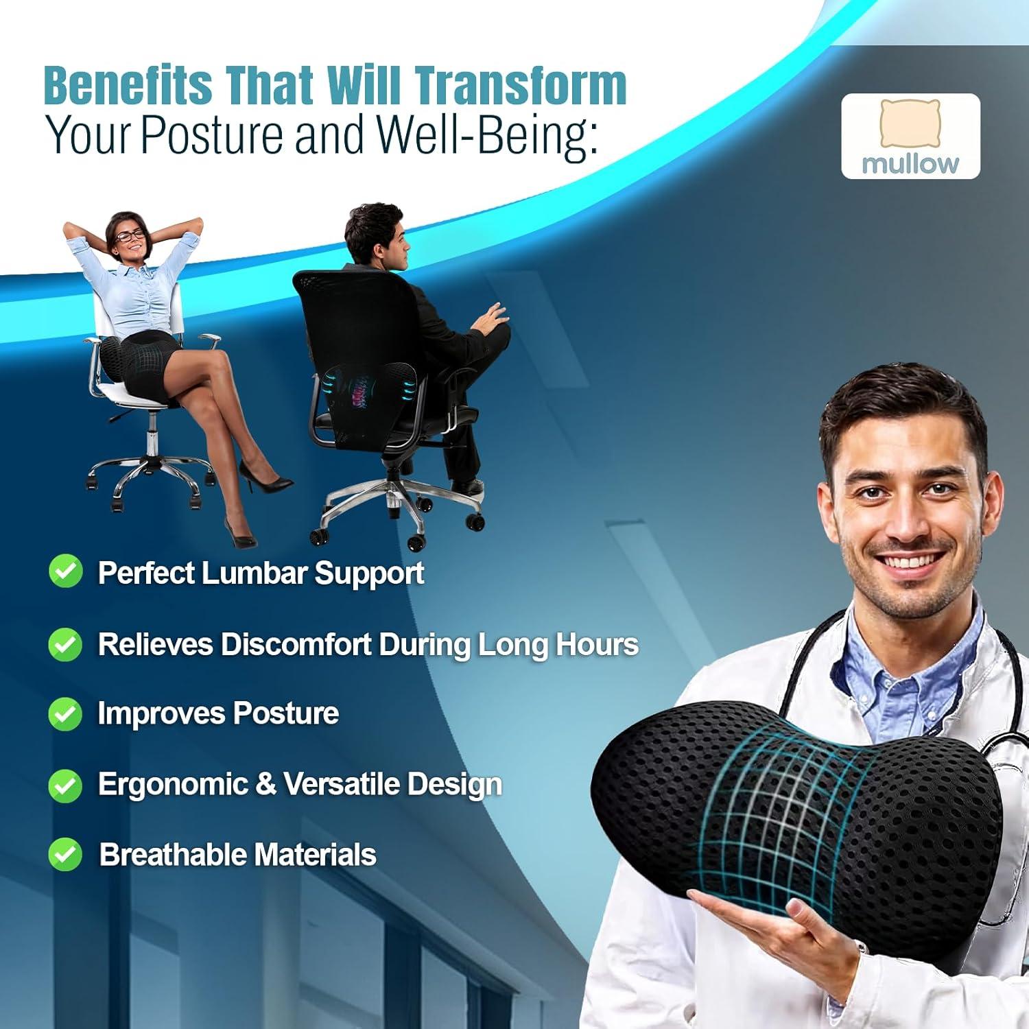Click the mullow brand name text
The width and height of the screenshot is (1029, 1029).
(910, 164)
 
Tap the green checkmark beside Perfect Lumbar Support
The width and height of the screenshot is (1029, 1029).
(65, 571)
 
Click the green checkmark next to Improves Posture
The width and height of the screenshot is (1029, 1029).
(65, 713)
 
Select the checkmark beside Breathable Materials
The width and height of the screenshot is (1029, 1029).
(65, 855)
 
